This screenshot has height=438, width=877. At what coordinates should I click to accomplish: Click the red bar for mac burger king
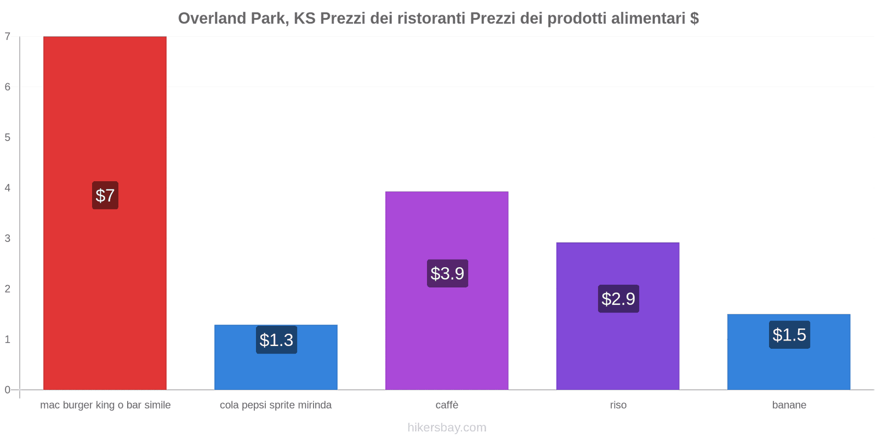click(105, 213)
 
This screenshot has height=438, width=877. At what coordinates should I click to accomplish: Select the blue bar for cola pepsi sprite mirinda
click(276, 357)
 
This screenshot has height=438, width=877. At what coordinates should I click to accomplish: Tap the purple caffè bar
click(447, 291)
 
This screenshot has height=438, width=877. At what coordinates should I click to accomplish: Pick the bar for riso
click(618, 316)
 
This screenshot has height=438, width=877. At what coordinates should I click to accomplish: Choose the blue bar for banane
click(789, 352)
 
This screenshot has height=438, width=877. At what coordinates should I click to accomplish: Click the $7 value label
click(105, 195)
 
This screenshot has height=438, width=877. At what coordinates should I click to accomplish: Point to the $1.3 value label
click(276, 340)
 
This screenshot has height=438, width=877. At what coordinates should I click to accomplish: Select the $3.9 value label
click(447, 273)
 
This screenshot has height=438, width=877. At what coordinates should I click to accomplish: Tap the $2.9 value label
click(619, 299)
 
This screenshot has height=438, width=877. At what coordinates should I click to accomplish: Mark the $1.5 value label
click(789, 335)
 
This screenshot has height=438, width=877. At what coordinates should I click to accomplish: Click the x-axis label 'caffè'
click(447, 405)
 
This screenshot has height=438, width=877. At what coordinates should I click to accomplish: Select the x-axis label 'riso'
click(618, 405)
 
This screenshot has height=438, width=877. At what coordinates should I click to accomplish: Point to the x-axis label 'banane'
click(789, 405)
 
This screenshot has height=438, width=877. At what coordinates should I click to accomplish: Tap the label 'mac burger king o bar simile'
click(105, 405)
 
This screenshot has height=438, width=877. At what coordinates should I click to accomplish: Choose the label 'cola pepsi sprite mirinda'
click(276, 405)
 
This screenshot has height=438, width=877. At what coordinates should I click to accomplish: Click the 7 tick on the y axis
click(8, 36)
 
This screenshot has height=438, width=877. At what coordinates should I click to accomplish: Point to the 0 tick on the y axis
click(8, 390)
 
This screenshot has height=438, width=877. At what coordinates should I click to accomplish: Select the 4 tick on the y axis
click(8, 188)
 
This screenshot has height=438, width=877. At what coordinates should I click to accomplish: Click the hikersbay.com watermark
click(447, 428)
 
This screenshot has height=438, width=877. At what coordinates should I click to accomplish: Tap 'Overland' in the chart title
click(212, 19)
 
